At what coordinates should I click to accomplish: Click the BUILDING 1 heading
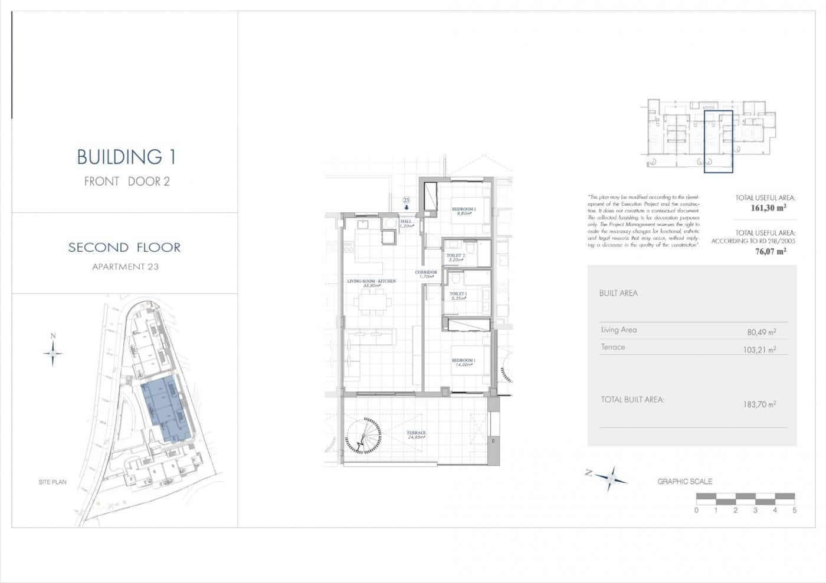pyautogui.click(x=126, y=157)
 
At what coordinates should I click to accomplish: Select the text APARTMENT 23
pyautogui.click(x=125, y=266)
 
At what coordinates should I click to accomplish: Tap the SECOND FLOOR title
pyautogui.click(x=124, y=247)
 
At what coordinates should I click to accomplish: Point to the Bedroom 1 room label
pyautogui.click(x=463, y=362)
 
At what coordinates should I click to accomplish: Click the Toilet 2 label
pyautogui.click(x=455, y=257)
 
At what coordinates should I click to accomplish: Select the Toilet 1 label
pyautogui.click(x=458, y=295)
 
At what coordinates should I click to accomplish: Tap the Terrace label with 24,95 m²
pyautogui.click(x=416, y=435)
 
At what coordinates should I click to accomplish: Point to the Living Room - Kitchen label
pyautogui.click(x=371, y=283)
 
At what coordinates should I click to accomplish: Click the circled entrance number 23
pyautogui.click(x=406, y=200)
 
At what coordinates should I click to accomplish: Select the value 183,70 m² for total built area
pyautogui.click(x=759, y=404)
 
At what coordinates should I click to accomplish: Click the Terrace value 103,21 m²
pyautogui.click(x=759, y=350)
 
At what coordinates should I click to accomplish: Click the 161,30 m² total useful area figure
pyautogui.click(x=768, y=207)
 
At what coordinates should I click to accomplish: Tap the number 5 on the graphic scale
pyautogui.click(x=795, y=510)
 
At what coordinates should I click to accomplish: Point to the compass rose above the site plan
pyautogui.click(x=53, y=353)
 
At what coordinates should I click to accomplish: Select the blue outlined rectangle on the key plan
pyautogui.click(x=718, y=141)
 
